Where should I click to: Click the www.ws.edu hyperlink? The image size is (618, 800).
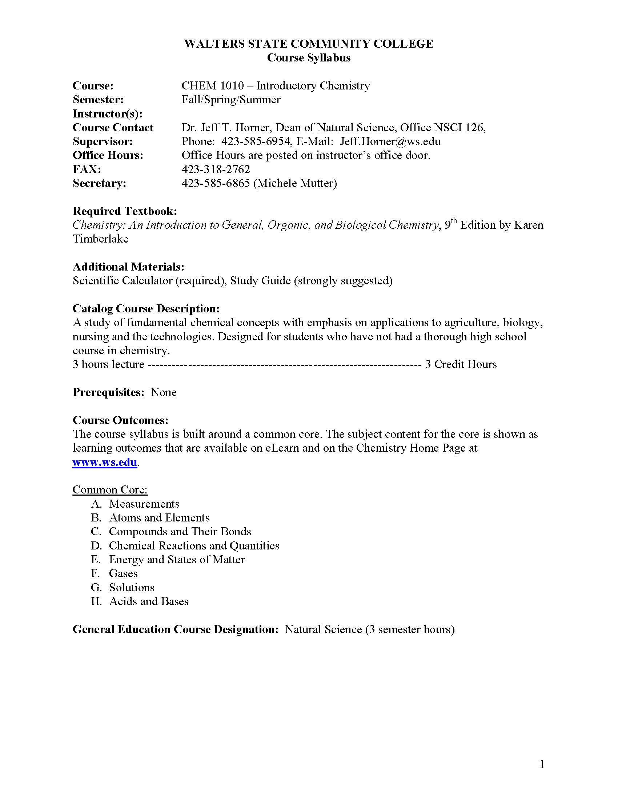pos(105,462)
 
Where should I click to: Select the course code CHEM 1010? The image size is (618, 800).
pos(212,86)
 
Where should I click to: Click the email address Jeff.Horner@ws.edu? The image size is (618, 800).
pos(390,141)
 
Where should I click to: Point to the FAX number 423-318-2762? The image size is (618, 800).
pos(216,169)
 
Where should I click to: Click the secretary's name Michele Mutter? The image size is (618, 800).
pos(295,183)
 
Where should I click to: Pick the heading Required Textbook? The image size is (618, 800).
pos(125,211)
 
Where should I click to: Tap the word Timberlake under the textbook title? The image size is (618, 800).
pos(100,239)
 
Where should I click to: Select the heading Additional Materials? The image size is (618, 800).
pos(128,267)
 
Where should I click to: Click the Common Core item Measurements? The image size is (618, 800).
pos(144,504)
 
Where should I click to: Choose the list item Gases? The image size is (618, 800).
pos(123,573)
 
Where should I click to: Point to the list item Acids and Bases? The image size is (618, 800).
pos(149,601)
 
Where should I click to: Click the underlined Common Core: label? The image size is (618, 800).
pos(110,490)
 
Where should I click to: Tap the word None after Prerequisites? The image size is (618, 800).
pos(164,392)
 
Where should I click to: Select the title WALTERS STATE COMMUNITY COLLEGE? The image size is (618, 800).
pos(309,44)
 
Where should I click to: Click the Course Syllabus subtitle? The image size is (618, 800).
pos(309,58)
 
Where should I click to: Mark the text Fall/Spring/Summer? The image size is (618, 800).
pos(231,100)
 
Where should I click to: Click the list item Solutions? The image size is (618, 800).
pos(132,588)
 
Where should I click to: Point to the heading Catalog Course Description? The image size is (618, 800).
pos(146,308)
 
